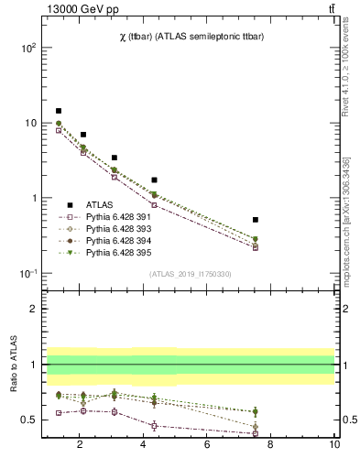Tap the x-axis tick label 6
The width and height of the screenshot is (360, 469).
pos(207,444)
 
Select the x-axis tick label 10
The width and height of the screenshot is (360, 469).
pos(334,444)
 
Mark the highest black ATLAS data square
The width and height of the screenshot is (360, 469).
pos(59,111)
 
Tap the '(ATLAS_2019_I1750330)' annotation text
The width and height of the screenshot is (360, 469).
pos(189,274)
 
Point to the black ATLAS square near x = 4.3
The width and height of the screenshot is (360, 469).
pos(154,180)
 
